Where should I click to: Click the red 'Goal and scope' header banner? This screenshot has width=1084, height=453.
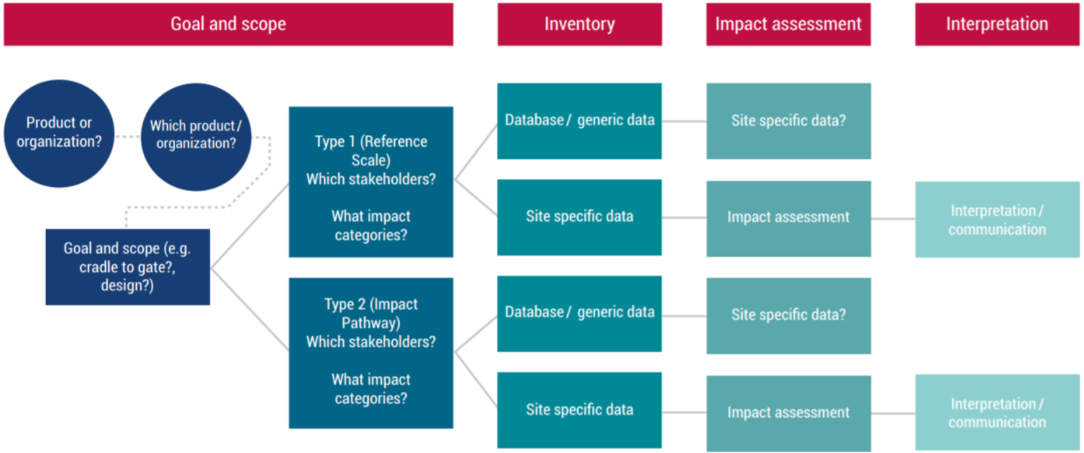point(228,25)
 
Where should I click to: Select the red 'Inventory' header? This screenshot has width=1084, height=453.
point(579,25)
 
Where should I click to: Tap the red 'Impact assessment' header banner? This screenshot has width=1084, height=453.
point(788,25)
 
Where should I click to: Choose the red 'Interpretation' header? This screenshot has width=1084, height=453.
point(997,25)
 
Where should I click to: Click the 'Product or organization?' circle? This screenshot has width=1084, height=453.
point(59,133)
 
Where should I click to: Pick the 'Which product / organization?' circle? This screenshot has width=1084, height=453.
point(196,137)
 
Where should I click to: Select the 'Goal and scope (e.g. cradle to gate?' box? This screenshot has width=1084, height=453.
point(127,267)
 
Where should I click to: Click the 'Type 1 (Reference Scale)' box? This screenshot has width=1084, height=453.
point(372,182)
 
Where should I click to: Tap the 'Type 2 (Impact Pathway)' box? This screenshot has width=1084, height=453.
point(372,353)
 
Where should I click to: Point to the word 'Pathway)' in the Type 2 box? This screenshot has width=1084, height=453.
point(372,323)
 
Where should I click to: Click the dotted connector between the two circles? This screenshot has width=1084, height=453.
point(127,137)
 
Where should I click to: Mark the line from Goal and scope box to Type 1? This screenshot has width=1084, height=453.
point(249,226)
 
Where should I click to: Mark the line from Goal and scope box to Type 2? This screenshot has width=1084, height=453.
point(249,308)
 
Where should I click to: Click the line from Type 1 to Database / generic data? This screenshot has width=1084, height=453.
point(476,152)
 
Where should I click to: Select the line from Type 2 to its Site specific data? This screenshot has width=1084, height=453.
point(476,379)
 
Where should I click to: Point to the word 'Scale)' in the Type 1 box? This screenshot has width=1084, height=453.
point(372,161)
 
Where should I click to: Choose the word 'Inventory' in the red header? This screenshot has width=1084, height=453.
point(579,25)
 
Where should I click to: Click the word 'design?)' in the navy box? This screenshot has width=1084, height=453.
point(127,285)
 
